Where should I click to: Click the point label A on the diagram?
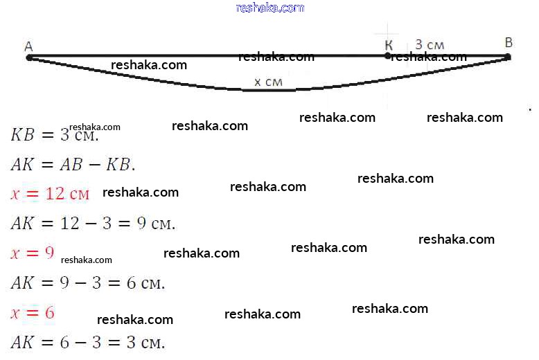(x=28, y=46)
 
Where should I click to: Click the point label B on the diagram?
(x=509, y=43)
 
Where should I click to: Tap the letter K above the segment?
(x=389, y=45)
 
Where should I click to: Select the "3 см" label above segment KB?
(x=430, y=45)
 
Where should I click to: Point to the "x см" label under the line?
(x=268, y=82)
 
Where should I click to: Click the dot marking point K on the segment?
(x=388, y=56)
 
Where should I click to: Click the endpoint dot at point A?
(x=29, y=57)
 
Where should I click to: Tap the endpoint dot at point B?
(x=509, y=57)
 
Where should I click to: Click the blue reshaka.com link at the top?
(x=269, y=8)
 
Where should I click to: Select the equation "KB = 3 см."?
(x=55, y=134)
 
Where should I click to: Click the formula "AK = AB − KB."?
(x=73, y=164)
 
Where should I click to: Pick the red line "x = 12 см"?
(x=50, y=194)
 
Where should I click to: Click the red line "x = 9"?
(x=32, y=253)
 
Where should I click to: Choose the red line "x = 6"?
(x=32, y=313)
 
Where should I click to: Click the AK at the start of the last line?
(x=22, y=342)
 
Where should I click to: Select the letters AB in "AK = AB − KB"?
(x=77, y=164)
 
